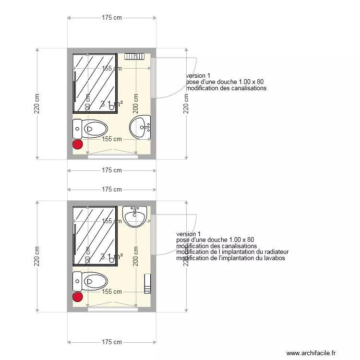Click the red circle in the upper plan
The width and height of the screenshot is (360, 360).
click(x=77, y=144)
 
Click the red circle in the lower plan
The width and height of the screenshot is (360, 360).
click(x=77, y=297)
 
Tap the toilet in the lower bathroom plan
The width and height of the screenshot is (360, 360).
click(x=90, y=281)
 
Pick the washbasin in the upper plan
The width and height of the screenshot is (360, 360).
click(x=141, y=127)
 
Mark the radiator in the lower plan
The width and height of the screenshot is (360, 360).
click(x=148, y=283)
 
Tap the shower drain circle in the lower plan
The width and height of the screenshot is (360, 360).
click(x=112, y=260)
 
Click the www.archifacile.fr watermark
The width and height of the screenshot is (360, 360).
click(x=312, y=353)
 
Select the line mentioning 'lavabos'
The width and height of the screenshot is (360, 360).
click(x=231, y=258)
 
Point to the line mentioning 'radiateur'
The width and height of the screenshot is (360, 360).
click(x=232, y=252)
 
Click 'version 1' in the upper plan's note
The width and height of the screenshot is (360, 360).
click(x=198, y=76)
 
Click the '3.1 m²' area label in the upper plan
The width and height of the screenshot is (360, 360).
click(x=111, y=104)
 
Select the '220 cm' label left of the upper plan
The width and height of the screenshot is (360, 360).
click(x=37, y=103)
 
